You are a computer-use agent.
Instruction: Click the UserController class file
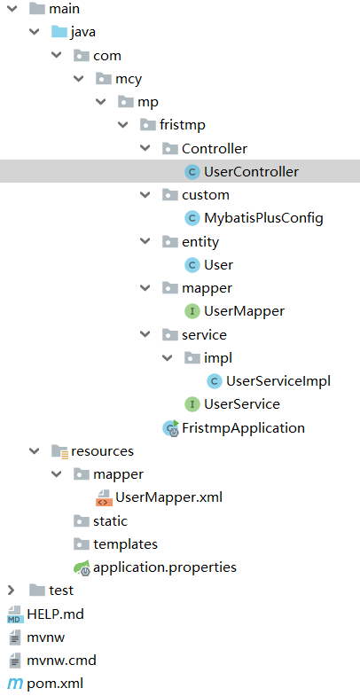pos(250,171)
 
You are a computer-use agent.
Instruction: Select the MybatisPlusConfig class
pos(262,217)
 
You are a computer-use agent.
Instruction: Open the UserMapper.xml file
pos(168,497)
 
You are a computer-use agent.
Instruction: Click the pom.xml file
pos(55,683)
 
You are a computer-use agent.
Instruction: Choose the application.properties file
pos(164,567)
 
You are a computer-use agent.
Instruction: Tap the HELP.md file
pos(55,613)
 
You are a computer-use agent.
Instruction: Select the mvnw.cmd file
pos(61,660)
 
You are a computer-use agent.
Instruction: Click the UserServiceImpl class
pos(278,380)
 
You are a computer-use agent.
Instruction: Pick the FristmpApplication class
pos(243,427)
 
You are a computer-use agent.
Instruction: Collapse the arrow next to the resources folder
pos(34,450)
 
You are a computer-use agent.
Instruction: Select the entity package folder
pos(200,241)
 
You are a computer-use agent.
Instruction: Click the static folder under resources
pos(109,520)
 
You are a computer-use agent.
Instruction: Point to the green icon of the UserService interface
pos(191,404)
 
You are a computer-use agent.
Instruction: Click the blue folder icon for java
pos(59,32)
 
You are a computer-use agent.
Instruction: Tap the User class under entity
pos(218,264)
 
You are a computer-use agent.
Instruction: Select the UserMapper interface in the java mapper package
pos(244,311)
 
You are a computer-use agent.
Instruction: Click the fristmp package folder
pos(182,125)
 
